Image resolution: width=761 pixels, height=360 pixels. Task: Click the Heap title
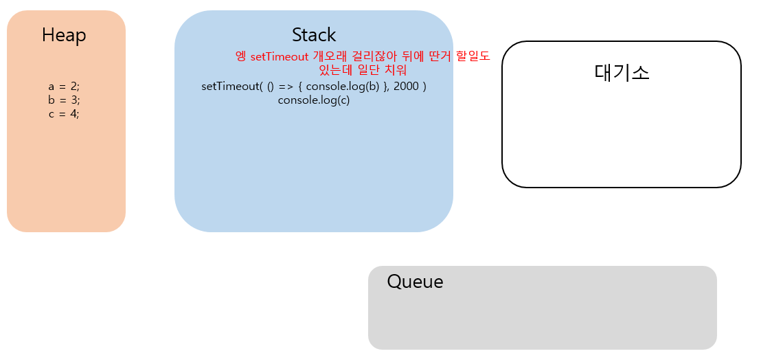[64, 35]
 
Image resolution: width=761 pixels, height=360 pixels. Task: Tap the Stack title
[314, 34]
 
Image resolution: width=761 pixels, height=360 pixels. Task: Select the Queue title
[415, 282]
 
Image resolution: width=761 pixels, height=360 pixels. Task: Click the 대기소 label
[622, 72]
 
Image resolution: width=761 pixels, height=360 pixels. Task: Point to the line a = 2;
[64, 87]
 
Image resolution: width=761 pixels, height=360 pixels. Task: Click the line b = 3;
[64, 100]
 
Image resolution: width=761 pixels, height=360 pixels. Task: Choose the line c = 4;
[64, 114]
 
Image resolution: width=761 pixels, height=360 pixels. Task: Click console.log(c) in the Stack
[314, 100]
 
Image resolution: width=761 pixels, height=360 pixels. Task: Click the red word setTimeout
[280, 57]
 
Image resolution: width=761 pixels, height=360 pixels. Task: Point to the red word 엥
[240, 57]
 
